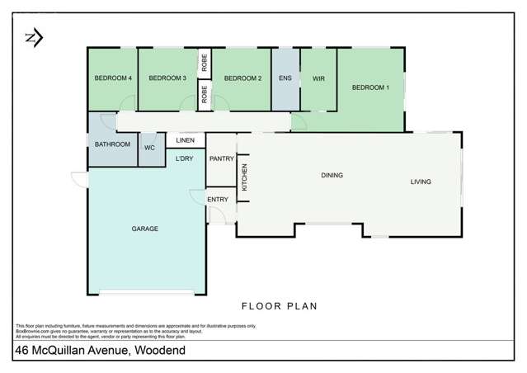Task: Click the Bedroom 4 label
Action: click(113, 78)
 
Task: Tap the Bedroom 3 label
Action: click(167, 78)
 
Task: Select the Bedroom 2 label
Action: click(242, 78)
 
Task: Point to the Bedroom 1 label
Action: click(370, 87)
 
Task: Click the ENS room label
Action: click(285, 78)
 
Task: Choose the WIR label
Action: click(318, 78)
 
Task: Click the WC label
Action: click(149, 148)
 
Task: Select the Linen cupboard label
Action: click(185, 141)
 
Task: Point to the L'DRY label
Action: click(185, 158)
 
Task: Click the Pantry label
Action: click(221, 158)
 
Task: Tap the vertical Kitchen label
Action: click(244, 177)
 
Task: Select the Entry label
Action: click(218, 199)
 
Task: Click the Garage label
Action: click(144, 229)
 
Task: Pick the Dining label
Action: click(332, 175)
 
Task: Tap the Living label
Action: click(421, 182)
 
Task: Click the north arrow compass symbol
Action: click(34, 37)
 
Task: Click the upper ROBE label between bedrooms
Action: click(203, 62)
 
